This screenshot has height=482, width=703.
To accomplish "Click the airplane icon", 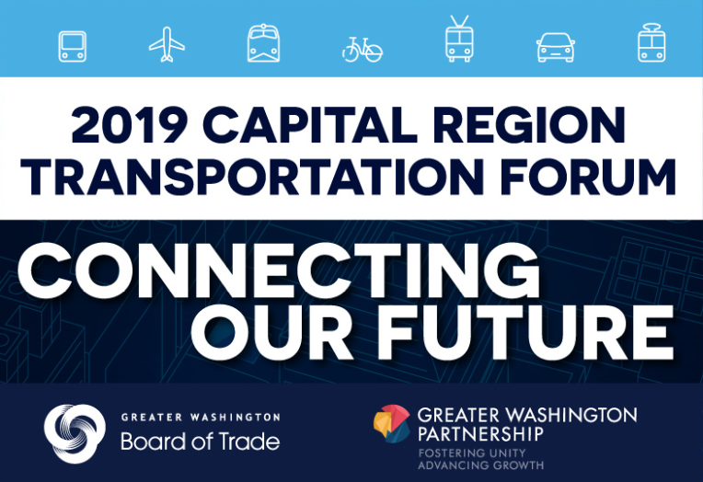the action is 167,44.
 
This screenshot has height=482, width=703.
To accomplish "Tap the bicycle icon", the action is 363,50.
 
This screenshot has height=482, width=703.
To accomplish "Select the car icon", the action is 556,47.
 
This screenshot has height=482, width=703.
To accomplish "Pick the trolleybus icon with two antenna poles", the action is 459,39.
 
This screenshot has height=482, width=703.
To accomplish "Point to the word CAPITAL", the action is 310,125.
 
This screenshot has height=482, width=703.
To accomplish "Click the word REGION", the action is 529,125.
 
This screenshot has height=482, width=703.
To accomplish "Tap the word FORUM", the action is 588,177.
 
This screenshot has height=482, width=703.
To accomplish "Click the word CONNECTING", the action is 279,270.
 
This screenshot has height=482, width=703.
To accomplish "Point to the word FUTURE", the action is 525,331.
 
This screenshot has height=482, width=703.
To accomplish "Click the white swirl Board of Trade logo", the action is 75,433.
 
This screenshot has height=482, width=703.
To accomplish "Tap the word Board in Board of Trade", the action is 154,442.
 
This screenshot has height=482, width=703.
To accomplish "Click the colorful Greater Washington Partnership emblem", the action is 392,424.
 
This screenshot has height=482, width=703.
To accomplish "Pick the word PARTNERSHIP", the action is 480,433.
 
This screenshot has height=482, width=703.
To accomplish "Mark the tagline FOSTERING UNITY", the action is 472,453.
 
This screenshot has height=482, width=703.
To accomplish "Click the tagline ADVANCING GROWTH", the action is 480,465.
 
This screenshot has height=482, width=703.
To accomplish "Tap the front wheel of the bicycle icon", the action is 373,53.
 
